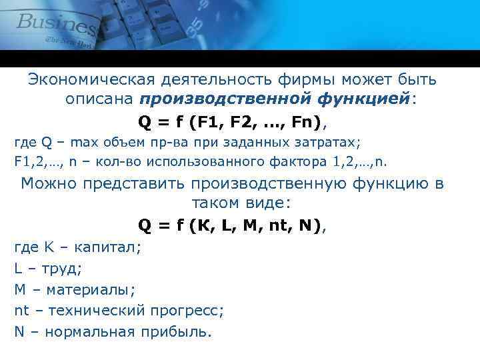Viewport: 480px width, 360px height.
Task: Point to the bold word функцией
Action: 363,99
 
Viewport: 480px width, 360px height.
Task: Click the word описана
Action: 100,99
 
